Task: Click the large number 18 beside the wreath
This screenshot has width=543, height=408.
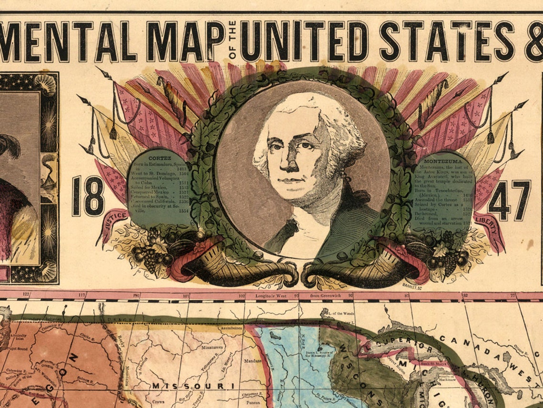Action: pyautogui.click(x=88, y=196)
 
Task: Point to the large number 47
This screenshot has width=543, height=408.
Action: pyautogui.click(x=509, y=200)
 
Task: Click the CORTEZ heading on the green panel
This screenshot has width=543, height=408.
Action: pyautogui.click(x=157, y=157)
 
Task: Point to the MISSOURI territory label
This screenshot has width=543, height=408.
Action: pyautogui.click(x=193, y=385)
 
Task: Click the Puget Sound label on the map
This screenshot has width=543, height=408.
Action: pyautogui.click(x=16, y=349)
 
